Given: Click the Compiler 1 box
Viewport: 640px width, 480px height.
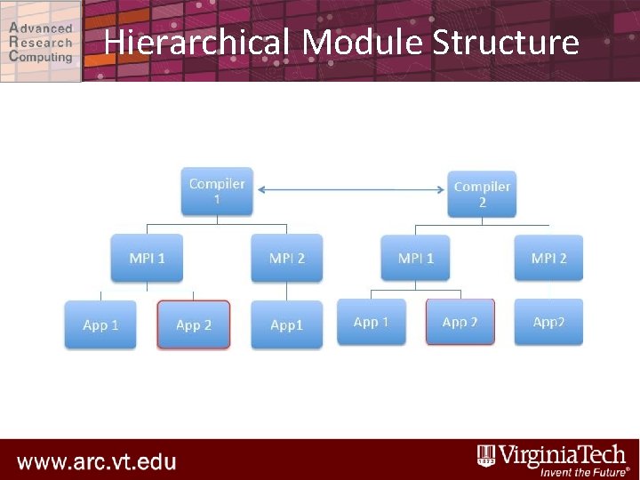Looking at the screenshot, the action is (217, 191).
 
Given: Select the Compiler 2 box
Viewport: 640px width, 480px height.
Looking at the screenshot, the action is (482, 195).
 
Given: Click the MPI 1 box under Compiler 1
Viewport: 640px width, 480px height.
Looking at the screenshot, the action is (147, 258).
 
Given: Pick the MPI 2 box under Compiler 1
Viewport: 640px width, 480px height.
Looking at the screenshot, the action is (286, 258).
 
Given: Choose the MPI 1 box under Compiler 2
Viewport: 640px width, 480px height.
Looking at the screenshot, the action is (416, 258).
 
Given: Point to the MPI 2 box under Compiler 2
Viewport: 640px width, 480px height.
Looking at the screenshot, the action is (548, 258).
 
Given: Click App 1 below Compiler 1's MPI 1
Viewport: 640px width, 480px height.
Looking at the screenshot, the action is (100, 324).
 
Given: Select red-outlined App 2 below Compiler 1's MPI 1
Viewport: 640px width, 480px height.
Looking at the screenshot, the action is (194, 324).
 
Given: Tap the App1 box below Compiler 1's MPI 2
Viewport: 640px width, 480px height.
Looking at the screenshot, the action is (286, 324).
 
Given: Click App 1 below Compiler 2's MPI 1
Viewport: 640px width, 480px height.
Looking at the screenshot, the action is (372, 322).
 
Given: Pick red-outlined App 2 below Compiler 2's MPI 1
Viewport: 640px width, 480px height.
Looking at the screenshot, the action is (460, 322).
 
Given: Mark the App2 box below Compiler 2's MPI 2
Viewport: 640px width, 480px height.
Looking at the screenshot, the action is (548, 322).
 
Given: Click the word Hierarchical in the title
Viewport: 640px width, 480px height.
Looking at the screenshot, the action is (196, 42).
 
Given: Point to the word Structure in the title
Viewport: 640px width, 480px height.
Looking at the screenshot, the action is (506, 42).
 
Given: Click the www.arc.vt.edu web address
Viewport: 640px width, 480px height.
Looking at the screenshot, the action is (97, 462).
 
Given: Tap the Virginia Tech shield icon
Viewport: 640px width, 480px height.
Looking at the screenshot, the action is (486, 455).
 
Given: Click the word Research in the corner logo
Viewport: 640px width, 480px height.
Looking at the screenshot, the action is (41, 42).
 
